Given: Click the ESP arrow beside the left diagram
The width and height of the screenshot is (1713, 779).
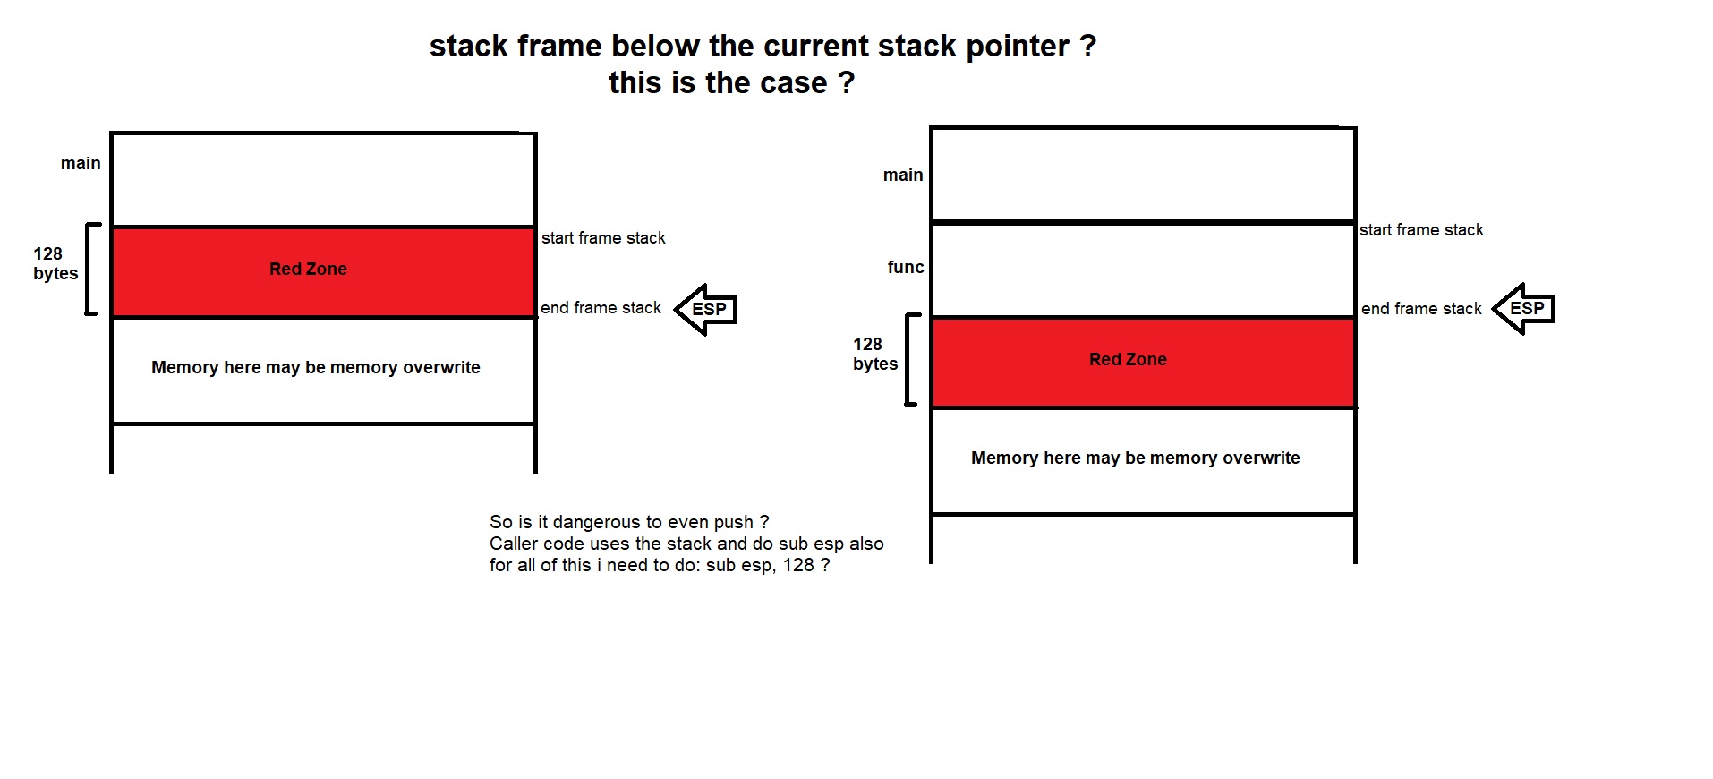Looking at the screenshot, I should click(x=706, y=310).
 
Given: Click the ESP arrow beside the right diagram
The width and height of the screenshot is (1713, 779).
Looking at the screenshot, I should click(x=1524, y=309).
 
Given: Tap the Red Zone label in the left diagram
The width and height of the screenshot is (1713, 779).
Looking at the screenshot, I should click(x=308, y=269).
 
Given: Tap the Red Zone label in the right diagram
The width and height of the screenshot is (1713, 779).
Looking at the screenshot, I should click(x=1128, y=359).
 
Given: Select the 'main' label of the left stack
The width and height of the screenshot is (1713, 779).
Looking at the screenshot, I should click(x=81, y=163).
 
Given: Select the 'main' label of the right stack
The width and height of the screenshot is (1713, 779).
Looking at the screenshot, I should click(x=903, y=175).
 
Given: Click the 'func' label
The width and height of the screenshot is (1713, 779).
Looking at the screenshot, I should click(x=906, y=267).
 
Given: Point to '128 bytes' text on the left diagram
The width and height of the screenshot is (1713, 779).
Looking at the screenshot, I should click(x=55, y=263).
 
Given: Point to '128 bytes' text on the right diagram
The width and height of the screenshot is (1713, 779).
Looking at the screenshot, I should click(x=874, y=354).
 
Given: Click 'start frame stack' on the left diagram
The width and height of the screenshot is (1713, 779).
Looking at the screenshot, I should click(x=603, y=237).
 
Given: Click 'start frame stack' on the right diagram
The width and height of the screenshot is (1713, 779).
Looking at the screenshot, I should click(x=1421, y=229).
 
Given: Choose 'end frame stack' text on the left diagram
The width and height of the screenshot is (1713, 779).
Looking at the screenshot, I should click(x=601, y=307).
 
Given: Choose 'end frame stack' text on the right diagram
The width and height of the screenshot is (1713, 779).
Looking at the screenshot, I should click(x=1421, y=308).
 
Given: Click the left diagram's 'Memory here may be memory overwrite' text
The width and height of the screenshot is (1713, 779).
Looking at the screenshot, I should click(x=315, y=367).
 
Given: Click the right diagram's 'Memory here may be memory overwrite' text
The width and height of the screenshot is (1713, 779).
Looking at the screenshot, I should click(x=1135, y=458).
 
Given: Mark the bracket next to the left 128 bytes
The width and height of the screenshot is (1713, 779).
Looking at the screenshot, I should click(x=89, y=269).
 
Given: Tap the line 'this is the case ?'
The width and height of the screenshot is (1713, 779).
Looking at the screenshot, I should click(x=731, y=82).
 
